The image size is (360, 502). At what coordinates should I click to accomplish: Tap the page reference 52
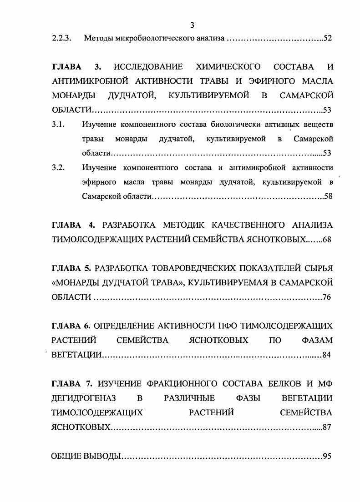(328, 38)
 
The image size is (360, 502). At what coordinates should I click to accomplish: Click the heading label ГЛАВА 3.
(76, 67)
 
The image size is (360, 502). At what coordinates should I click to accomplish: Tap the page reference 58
(328, 197)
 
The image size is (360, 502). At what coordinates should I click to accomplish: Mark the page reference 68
(327, 240)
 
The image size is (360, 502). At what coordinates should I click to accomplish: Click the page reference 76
(327, 297)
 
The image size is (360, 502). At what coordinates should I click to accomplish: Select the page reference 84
(326, 355)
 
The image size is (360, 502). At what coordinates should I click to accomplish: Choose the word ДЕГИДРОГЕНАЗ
(84, 398)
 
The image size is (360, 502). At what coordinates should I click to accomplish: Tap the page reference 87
(326, 427)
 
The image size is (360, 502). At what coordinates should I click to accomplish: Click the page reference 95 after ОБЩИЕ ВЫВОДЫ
(327, 456)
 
